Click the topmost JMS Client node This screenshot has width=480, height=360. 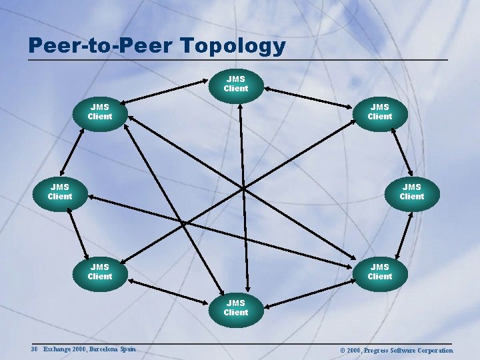[x=236, y=84]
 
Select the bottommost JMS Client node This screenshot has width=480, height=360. [x=236, y=308]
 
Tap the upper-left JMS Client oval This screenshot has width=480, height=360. [x=100, y=111]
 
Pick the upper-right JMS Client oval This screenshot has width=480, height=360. [x=380, y=111]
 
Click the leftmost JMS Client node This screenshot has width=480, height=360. [x=60, y=192]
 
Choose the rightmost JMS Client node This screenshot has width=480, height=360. [x=412, y=192]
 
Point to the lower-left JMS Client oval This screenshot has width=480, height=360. [x=100, y=272]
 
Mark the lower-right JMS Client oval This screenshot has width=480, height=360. [x=380, y=272]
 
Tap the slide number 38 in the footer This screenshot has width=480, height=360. [x=34, y=349]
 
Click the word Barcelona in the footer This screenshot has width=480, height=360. [x=104, y=349]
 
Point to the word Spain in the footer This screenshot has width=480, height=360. [x=129, y=349]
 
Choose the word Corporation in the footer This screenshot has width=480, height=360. [x=431, y=350]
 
